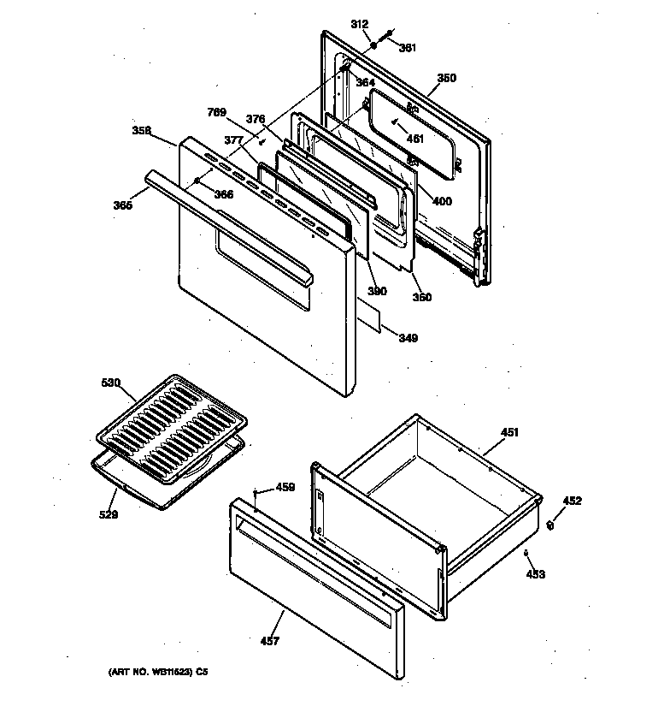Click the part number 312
(359, 25)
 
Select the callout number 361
(408, 48)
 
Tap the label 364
(366, 83)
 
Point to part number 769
(218, 112)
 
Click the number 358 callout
(142, 130)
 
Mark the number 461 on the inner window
(414, 139)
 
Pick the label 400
(443, 202)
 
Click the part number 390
(377, 291)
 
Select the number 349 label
(408, 339)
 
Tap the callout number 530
(111, 383)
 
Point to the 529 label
(109, 514)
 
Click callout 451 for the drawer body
(509, 433)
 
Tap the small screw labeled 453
(526, 554)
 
